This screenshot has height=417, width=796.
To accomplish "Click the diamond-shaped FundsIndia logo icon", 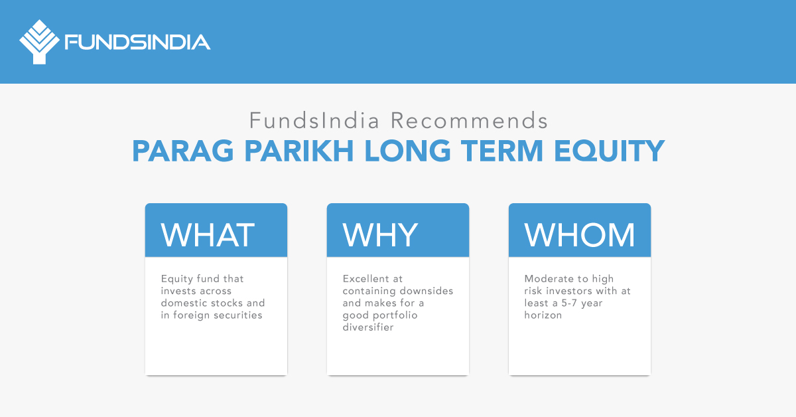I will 39,42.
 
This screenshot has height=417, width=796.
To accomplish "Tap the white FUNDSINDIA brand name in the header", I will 137,42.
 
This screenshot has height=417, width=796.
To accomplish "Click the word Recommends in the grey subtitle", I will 469,122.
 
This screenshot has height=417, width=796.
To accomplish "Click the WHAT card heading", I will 208,234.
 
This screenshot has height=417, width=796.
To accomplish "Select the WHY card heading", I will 380,234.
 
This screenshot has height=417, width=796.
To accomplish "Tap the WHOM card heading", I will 580,234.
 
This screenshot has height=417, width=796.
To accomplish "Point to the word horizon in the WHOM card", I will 543,315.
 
